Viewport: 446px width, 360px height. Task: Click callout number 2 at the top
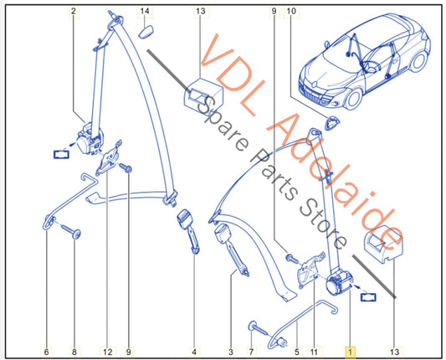74,11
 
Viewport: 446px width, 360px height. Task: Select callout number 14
145,11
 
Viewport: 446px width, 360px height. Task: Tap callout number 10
291,11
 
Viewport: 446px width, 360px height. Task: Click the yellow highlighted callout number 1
350,352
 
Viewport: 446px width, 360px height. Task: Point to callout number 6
46,352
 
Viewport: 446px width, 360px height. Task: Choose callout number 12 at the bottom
108,352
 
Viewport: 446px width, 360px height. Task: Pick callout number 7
251,352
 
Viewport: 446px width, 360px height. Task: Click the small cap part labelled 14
146,31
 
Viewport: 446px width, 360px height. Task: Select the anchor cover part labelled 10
330,123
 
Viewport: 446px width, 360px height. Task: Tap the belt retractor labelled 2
89,140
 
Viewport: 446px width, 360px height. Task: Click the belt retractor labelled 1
339,282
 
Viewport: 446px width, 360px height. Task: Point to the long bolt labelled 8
70,230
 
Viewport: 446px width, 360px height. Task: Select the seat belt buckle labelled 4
188,230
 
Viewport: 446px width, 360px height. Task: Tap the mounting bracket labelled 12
109,158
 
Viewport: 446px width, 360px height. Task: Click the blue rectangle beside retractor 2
61,155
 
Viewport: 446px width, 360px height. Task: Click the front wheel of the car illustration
354,100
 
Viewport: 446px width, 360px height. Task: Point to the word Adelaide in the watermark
336,183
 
